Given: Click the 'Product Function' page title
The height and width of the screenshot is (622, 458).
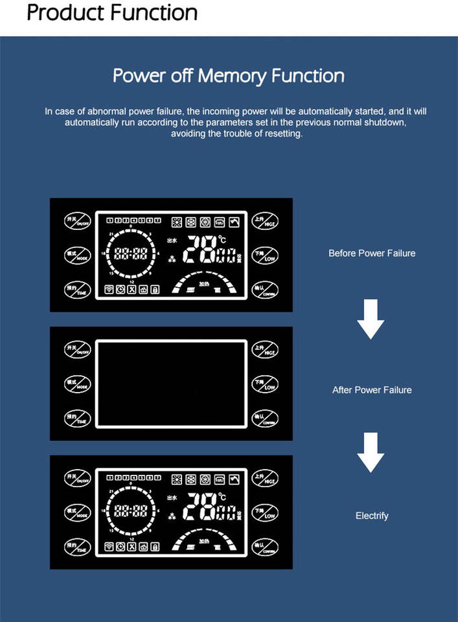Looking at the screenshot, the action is tap(112, 12).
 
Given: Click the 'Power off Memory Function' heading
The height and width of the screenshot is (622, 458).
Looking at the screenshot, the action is tap(229, 75).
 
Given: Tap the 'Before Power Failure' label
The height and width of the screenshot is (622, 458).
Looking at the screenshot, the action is tap(371, 253).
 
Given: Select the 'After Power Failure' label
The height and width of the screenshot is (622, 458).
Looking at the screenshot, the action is tap(371, 390).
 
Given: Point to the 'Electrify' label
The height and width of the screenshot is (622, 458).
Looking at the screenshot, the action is tap(372, 516).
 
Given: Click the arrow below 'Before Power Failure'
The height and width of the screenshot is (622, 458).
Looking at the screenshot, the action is tap(371, 319).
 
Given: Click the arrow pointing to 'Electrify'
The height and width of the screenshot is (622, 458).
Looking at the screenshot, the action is tap(371, 453).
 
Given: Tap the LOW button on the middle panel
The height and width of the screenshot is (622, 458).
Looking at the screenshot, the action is tap(265, 384).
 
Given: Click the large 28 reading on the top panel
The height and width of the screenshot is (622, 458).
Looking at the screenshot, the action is tap(201, 249).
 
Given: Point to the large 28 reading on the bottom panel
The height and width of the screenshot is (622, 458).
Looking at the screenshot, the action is tap(201, 507).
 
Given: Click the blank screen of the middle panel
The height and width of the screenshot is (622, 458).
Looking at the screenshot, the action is tap(171, 384).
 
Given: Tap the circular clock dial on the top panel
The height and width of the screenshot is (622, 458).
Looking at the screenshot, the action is tap(130, 253).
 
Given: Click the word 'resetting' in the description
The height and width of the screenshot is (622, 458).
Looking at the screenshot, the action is tap(284, 134).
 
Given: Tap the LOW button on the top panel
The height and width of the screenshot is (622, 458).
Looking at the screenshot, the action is tap(265, 255).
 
